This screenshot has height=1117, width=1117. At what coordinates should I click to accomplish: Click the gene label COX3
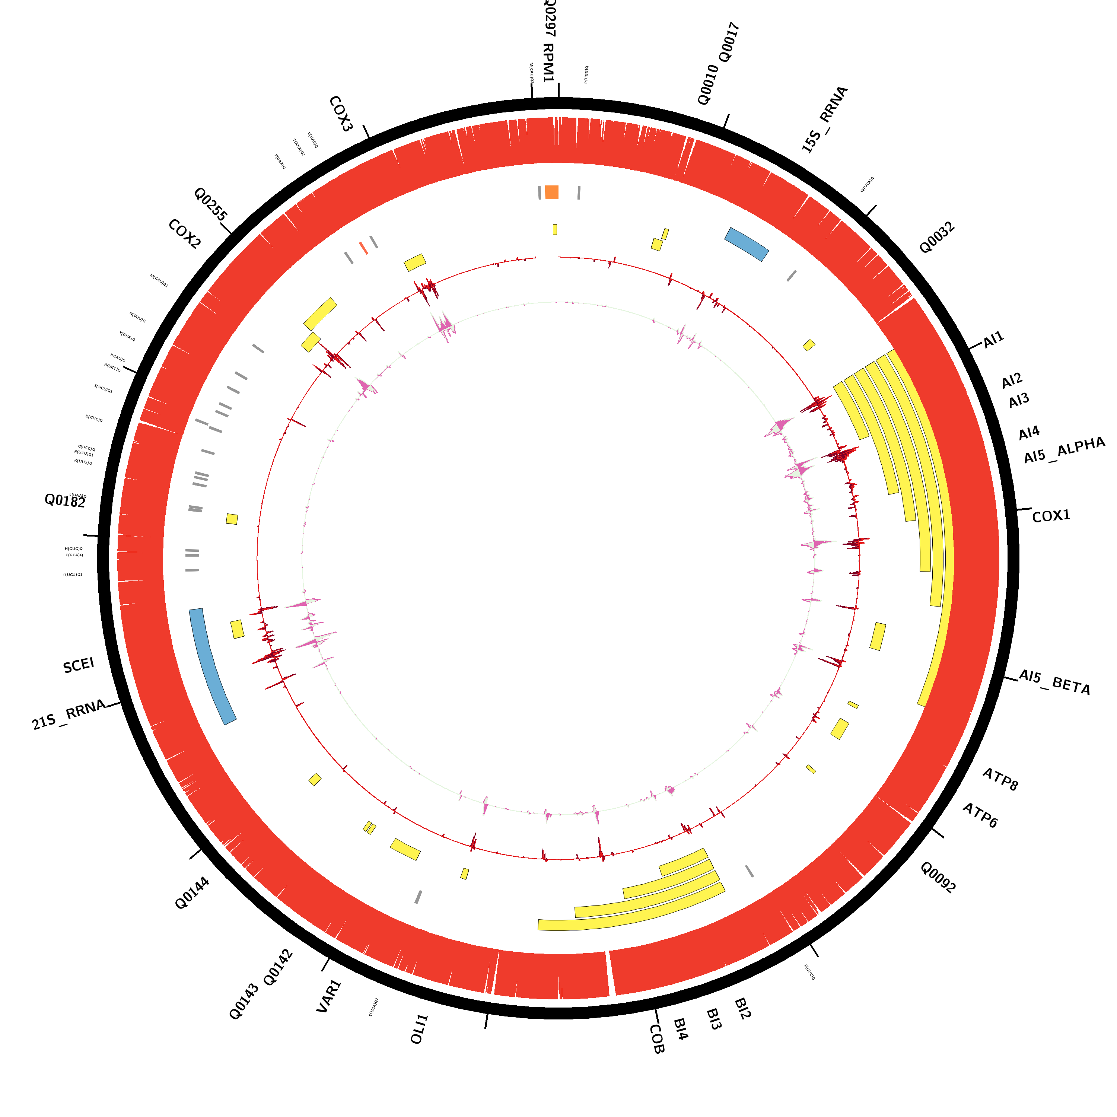coord(341,114)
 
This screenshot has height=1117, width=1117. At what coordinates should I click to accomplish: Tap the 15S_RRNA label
coord(824,120)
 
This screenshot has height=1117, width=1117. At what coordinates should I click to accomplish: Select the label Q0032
coord(937,238)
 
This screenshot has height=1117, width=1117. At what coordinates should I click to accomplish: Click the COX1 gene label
coord(1051,516)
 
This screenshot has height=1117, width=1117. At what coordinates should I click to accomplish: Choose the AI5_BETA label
coord(1054,682)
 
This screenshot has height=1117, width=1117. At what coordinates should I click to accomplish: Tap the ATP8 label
coord(1000,779)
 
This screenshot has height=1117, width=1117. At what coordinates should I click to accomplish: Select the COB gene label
coord(657,1039)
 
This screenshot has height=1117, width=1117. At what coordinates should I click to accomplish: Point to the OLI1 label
coord(419,1029)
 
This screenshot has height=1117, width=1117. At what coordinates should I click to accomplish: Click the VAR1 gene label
coord(329,996)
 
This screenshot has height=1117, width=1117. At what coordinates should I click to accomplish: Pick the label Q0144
coord(192,893)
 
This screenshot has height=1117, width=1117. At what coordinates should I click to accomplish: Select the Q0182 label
coord(65,501)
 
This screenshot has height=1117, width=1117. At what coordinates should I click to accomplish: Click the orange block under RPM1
coord(551,192)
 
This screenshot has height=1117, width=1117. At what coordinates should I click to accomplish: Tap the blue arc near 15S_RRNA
coord(747,244)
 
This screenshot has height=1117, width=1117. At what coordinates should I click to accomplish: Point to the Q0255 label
coord(210,204)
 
